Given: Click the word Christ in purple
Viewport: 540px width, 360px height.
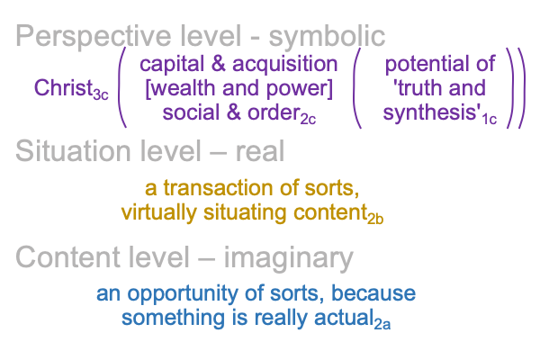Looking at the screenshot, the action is (x=63, y=88).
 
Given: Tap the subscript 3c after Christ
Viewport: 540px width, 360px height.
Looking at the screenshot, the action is (x=101, y=94).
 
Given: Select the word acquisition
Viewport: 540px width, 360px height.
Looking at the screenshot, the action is (x=284, y=65).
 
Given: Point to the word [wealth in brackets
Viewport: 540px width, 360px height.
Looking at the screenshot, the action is (x=182, y=88).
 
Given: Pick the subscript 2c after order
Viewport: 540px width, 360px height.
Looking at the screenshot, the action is (x=308, y=119).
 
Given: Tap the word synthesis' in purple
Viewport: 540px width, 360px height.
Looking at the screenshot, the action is (x=432, y=113).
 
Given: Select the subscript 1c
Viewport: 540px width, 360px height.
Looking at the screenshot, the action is (x=490, y=119).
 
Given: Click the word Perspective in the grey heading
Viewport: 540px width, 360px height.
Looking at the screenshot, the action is (x=94, y=37).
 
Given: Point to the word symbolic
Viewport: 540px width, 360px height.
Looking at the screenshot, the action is (x=327, y=37).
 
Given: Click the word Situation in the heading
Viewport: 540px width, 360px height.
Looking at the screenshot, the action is (x=73, y=151).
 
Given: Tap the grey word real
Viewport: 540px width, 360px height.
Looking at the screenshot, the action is (x=260, y=151).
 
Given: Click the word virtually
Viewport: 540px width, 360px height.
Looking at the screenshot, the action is (x=158, y=213).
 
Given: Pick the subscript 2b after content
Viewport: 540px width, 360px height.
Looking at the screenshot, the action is (x=375, y=219).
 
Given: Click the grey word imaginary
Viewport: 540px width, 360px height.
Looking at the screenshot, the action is (x=289, y=258).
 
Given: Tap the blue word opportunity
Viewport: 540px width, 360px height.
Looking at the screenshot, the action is (x=183, y=294).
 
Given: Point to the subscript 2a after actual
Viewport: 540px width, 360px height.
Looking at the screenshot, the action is (x=382, y=325).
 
